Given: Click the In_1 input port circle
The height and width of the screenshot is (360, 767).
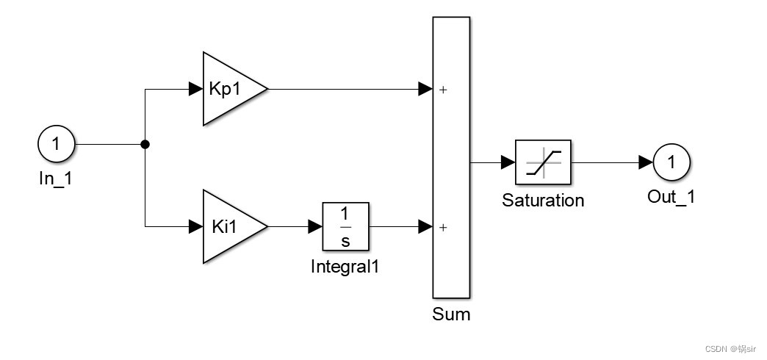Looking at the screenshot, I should click(x=56, y=144).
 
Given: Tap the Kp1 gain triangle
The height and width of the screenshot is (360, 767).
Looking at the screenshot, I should click(x=229, y=89).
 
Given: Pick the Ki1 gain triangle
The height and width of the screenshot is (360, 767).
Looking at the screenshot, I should click(x=229, y=227).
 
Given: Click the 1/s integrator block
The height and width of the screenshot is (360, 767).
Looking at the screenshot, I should click(x=345, y=227).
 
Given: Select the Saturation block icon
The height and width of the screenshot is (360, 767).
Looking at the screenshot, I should click(x=543, y=162).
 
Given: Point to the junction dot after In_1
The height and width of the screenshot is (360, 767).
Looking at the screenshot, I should click(x=145, y=145).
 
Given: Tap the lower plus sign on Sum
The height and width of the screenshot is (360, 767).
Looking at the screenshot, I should click(x=443, y=228).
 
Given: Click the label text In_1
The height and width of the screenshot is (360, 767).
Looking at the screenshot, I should click(x=56, y=179).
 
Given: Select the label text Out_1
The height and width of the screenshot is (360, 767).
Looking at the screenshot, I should click(x=671, y=196).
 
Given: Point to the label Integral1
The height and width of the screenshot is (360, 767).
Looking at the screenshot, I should click(x=345, y=266).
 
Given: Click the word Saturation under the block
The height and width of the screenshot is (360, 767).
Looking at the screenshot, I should click(x=543, y=200).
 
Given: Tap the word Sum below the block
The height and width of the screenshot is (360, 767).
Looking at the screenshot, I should click(x=451, y=314).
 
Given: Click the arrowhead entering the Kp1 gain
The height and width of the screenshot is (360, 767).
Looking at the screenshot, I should click(x=195, y=90).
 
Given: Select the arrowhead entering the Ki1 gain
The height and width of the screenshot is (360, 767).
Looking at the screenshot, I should click(x=195, y=227).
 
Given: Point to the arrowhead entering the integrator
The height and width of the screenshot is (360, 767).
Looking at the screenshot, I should click(x=315, y=227).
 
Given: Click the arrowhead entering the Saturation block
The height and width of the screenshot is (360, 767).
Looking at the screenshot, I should click(x=508, y=162).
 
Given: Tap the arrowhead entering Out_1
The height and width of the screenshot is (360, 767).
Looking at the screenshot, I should click(x=647, y=162).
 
